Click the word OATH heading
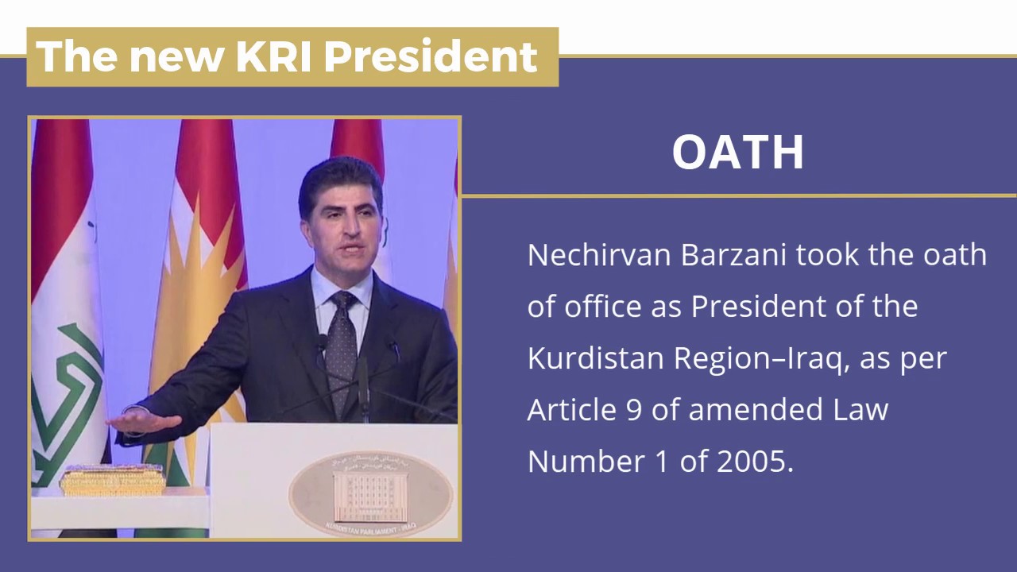(x=738, y=152)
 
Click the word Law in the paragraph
(x=862, y=410)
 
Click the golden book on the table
(x=113, y=481)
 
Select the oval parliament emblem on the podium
(x=370, y=493)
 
